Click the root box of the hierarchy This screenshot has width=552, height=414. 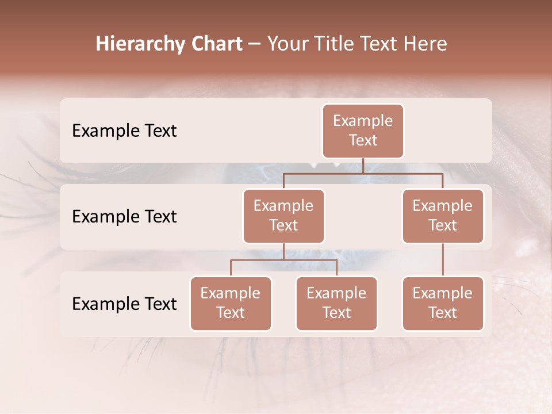[x=363, y=131]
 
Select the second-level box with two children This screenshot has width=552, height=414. [x=283, y=216]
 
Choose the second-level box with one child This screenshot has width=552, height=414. [x=443, y=216]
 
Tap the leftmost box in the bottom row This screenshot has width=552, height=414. [x=231, y=303]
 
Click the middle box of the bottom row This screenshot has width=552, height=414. [x=336, y=303]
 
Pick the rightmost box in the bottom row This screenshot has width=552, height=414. [x=443, y=303]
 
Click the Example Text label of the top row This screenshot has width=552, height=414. [x=124, y=131]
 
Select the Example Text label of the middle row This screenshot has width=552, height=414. [x=124, y=216]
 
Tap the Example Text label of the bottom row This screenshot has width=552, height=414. [x=124, y=304]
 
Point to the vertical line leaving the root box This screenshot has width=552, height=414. [x=363, y=166]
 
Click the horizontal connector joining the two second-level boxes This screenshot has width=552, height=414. [x=362, y=172]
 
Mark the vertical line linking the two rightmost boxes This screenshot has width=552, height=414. [x=443, y=260]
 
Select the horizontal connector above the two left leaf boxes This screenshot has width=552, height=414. [x=283, y=260]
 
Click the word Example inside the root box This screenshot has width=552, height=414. [x=363, y=121]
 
